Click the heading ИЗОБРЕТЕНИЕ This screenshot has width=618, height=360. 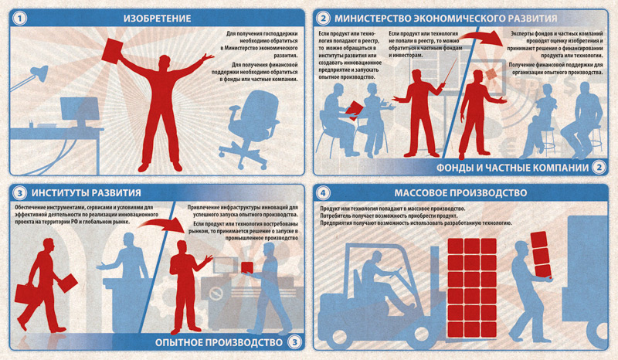tap(158, 19)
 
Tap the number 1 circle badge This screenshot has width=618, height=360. tap(20, 19)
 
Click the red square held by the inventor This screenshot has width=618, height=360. tap(113, 50)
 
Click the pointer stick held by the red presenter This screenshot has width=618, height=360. tap(450, 71)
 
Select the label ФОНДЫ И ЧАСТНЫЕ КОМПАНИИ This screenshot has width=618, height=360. tap(512, 168)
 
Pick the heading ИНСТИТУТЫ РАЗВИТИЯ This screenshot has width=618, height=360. tap(87, 193)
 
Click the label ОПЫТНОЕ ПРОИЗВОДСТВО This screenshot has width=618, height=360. tap(219, 342)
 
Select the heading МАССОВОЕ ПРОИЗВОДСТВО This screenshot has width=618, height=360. tap(460, 193)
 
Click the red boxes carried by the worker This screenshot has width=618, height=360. tap(540, 255)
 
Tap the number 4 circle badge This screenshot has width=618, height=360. tap(323, 193)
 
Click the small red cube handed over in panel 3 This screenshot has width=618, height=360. tap(247, 268)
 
